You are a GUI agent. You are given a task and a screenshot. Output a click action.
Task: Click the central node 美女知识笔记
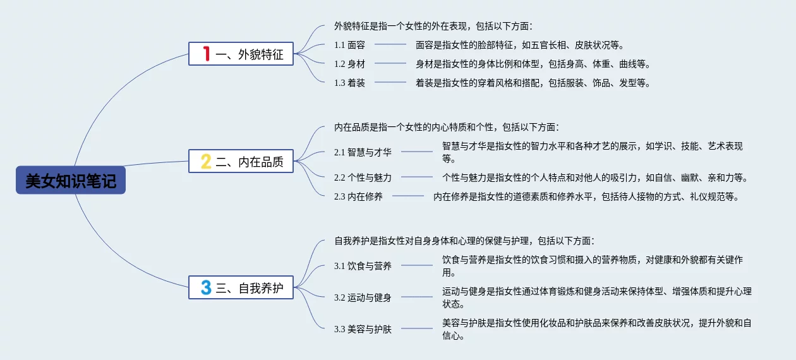click(71, 181)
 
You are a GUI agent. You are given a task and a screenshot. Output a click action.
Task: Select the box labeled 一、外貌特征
click(241, 54)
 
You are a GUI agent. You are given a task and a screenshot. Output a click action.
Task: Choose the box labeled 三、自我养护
click(241, 288)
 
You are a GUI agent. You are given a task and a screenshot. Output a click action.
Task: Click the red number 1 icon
click(205, 54)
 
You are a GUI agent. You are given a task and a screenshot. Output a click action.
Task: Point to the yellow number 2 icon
click(205, 161)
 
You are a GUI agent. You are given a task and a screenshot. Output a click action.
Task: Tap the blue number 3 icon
click(205, 288)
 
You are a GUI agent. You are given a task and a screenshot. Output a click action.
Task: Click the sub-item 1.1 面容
click(349, 45)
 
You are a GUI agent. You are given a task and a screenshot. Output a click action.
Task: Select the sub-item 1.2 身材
click(349, 64)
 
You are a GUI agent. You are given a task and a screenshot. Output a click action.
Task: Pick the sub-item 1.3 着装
click(349, 83)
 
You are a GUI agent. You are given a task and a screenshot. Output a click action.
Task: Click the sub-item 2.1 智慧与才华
click(363, 152)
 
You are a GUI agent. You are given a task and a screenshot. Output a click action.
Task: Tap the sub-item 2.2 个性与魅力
click(363, 177)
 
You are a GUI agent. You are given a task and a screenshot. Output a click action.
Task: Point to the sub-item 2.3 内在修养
click(358, 196)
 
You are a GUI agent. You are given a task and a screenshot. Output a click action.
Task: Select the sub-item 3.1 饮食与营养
click(363, 266)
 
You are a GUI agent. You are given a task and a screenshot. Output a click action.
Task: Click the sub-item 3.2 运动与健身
click(363, 297)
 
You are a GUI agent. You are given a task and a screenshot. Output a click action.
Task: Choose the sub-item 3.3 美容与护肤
click(363, 329)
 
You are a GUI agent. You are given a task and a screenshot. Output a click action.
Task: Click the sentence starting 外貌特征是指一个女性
click(433, 26)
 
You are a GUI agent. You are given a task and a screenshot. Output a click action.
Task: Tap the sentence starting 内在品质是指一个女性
click(446, 127)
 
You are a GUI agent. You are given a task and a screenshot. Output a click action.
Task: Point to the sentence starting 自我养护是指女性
click(464, 241)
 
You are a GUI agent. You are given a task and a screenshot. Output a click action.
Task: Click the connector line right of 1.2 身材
click(390, 64)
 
